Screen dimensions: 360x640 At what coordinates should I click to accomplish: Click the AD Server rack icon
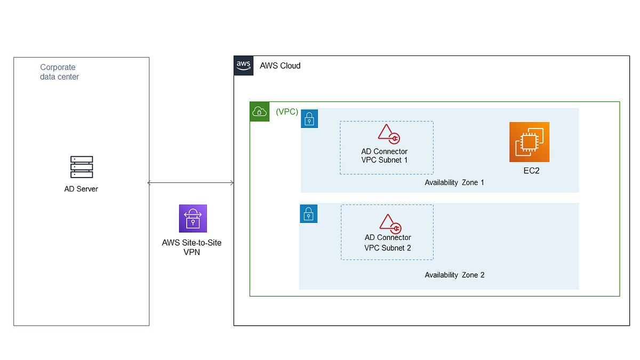[x=82, y=167]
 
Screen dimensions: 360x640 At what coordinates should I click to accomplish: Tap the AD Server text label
[x=81, y=189]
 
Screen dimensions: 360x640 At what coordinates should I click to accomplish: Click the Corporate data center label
[x=59, y=72]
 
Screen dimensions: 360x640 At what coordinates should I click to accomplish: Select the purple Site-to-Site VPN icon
[x=193, y=218]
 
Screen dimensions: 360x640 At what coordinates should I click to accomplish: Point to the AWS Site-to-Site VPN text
[x=191, y=247]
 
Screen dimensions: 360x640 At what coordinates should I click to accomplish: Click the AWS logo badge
[x=243, y=65]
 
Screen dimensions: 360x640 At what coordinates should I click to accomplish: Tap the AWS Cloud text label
[x=280, y=66]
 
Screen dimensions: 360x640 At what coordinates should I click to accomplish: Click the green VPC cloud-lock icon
[x=259, y=111]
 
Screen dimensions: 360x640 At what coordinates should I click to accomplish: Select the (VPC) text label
[x=287, y=112]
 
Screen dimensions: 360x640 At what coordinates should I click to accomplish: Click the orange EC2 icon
[x=529, y=142]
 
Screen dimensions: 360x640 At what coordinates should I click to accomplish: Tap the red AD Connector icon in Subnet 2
[x=389, y=224]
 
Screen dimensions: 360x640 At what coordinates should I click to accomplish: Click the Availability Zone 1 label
[x=454, y=182]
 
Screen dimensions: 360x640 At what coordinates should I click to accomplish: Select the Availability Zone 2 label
[x=454, y=275]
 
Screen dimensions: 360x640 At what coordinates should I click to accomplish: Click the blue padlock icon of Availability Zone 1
[x=309, y=119]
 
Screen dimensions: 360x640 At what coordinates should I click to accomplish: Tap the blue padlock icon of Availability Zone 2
[x=308, y=214]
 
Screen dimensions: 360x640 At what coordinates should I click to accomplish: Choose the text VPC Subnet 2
[x=388, y=247]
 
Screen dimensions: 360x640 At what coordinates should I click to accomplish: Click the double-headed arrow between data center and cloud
[x=191, y=183]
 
